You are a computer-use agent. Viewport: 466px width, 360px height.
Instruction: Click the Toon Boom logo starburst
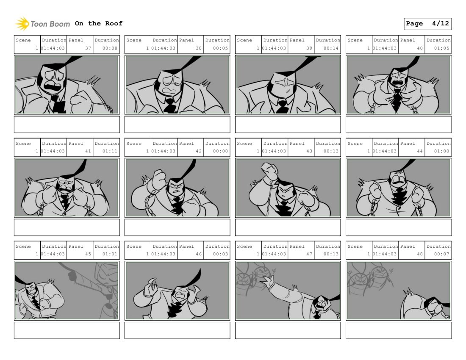click(22, 24)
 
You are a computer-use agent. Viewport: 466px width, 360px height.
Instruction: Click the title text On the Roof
click(98, 23)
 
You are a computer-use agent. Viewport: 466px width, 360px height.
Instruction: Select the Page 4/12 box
click(427, 24)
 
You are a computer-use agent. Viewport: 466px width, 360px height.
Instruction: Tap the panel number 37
click(88, 48)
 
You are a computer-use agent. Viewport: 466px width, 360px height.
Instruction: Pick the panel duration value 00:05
click(220, 48)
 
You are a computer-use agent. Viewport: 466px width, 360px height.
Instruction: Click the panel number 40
click(420, 48)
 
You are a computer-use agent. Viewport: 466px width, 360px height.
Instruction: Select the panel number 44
click(420, 151)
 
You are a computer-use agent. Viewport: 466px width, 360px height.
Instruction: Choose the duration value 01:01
click(110, 254)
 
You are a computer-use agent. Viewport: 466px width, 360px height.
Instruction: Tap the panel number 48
click(420, 254)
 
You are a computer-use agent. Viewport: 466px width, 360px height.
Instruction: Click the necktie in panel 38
click(170, 106)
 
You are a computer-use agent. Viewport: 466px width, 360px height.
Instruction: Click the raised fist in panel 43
click(269, 171)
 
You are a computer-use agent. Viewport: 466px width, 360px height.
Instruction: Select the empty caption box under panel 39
click(288, 125)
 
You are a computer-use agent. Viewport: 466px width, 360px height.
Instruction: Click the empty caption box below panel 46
click(178, 330)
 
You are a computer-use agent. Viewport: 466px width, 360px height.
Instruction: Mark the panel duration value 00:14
click(331, 48)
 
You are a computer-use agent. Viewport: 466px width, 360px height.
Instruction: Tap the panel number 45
click(88, 254)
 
